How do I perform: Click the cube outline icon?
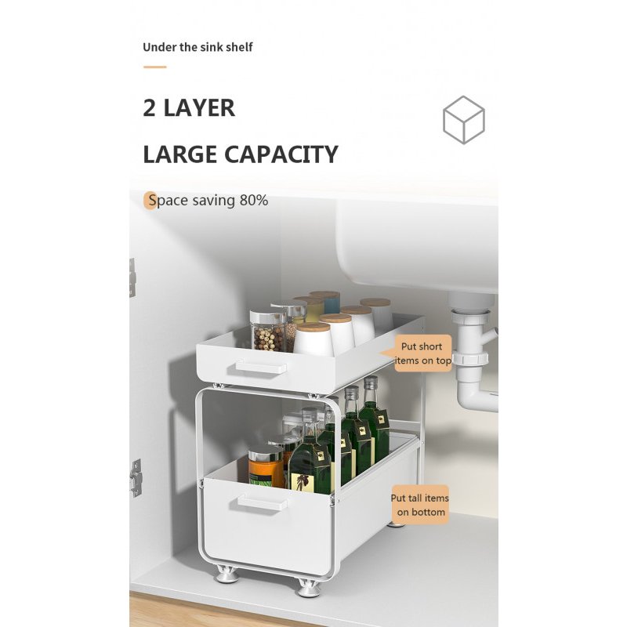[x=463, y=120]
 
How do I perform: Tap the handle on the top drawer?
[x=261, y=367]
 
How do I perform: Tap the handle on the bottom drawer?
[x=263, y=502]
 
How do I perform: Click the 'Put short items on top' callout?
[x=421, y=353]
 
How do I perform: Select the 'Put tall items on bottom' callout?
[x=420, y=505]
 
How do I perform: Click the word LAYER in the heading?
[x=199, y=108]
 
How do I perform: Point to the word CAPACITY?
[x=281, y=154]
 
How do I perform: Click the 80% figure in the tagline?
[x=254, y=200]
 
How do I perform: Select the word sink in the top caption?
[x=211, y=47]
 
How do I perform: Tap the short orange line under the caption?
[x=155, y=67]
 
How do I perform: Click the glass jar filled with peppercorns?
[x=268, y=331]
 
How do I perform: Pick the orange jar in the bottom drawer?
[x=266, y=466]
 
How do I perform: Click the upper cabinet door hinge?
[x=132, y=277]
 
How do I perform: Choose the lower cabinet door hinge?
[x=135, y=478]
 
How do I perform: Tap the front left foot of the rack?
[x=226, y=574]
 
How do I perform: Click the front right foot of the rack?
[x=308, y=589]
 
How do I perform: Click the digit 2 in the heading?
[x=149, y=108]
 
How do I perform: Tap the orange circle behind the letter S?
[x=150, y=201]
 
